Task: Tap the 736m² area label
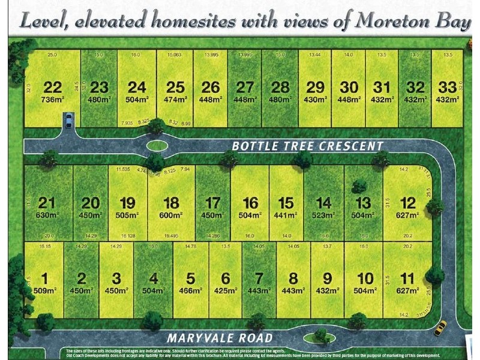(x=53, y=100)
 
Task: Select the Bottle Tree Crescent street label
(x=307, y=146)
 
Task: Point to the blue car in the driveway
(x=68, y=121)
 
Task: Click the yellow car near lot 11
(x=440, y=328)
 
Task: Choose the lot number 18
(x=171, y=203)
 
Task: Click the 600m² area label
(x=171, y=215)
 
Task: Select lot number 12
(x=408, y=203)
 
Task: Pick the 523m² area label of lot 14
(x=323, y=215)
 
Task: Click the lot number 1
(x=44, y=278)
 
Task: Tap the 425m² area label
(x=226, y=290)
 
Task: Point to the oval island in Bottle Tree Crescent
(x=157, y=145)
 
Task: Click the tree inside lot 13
(x=359, y=186)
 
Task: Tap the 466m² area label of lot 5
(x=191, y=290)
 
